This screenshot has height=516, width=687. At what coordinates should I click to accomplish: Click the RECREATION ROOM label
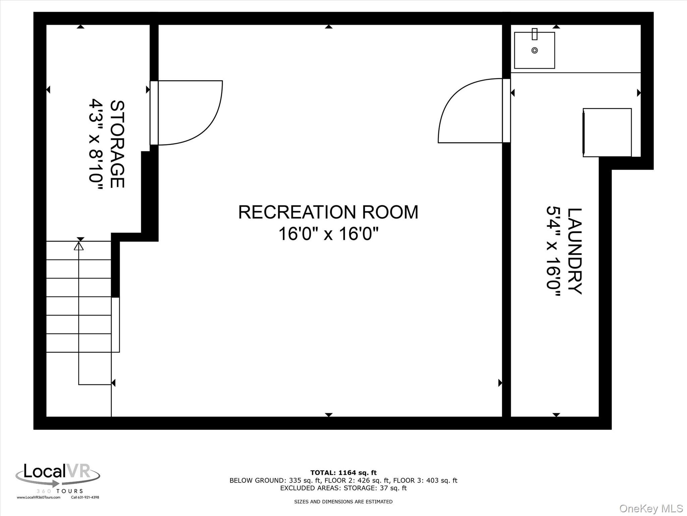328,212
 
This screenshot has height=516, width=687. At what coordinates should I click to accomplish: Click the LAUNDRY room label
574,251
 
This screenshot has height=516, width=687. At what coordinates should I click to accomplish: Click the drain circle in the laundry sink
535,50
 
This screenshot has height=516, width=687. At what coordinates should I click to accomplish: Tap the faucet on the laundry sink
535,34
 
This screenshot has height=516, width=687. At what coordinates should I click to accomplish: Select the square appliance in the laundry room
607,132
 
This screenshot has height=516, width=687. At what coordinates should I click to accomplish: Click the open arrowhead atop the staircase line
79,247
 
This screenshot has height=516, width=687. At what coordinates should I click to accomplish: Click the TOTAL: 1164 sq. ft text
343,473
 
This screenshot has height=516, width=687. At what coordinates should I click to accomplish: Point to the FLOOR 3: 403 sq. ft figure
425,480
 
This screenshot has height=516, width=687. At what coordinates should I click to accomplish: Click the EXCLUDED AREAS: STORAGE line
343,488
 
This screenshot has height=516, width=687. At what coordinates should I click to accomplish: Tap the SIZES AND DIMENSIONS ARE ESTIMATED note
343,502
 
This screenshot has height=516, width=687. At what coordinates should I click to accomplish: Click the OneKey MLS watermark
651,508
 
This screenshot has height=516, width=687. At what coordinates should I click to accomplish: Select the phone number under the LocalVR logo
85,498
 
